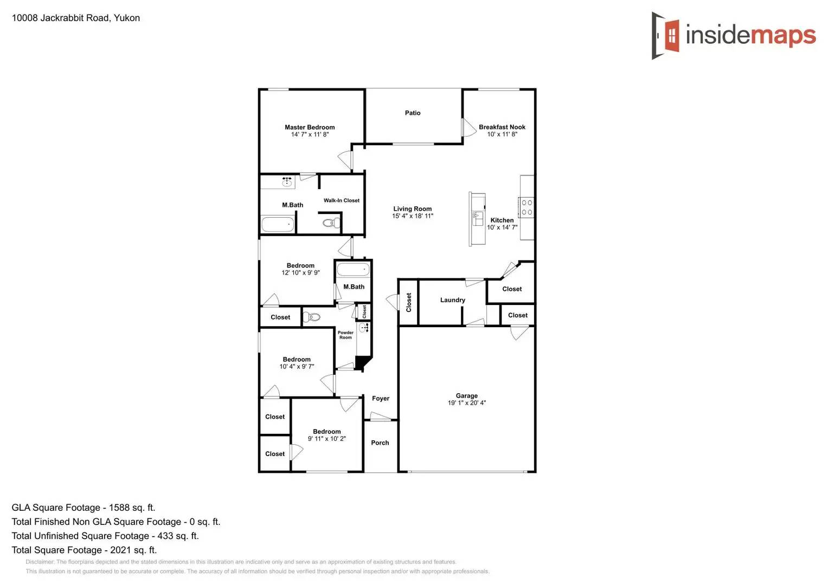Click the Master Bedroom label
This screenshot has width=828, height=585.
click(310, 127)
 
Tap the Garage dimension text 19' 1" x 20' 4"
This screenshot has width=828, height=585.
click(466, 403)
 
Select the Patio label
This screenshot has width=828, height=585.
click(413, 113)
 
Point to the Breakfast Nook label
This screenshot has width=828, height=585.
click(502, 127)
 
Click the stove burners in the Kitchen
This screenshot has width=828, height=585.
click(527, 207)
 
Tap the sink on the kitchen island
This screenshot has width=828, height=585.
click(478, 218)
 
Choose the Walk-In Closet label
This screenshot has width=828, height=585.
click(341, 200)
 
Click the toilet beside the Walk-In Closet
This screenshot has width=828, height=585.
click(331, 223)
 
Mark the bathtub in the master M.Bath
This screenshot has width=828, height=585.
click(278, 224)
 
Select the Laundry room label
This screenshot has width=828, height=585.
click(452, 300)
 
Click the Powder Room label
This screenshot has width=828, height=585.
click(345, 335)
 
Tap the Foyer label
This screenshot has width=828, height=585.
click(380, 399)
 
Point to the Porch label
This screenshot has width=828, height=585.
click(380, 443)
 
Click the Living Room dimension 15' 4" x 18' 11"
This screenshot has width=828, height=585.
click(413, 216)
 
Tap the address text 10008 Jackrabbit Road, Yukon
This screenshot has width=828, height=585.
click(76, 18)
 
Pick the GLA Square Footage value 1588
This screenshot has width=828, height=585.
click(119, 508)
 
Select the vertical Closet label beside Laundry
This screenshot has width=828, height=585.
click(409, 302)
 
